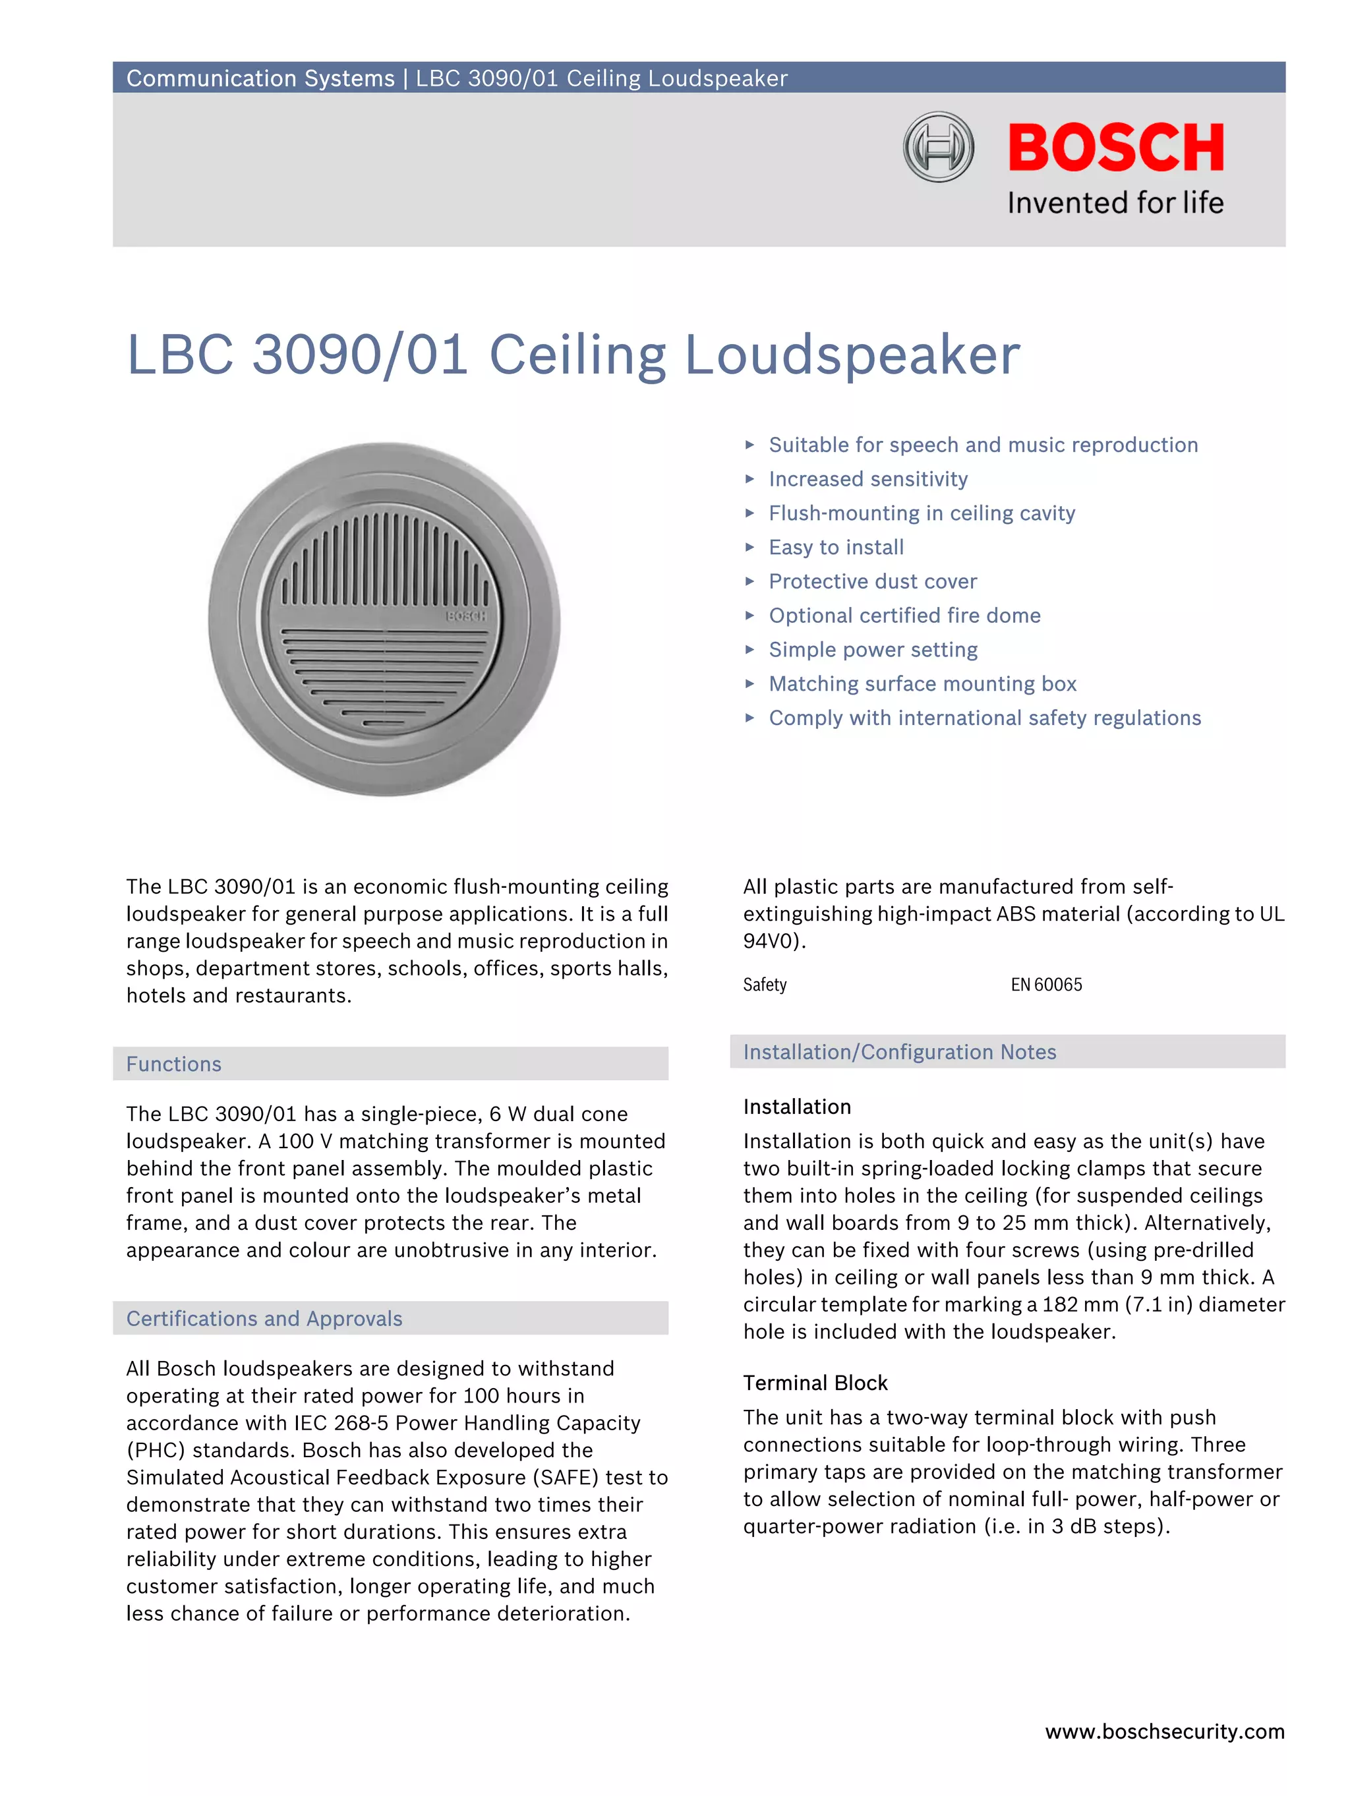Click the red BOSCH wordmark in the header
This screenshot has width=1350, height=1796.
coord(1115,148)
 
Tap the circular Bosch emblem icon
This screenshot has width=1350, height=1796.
coord(938,147)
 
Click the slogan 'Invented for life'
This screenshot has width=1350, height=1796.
coord(1115,202)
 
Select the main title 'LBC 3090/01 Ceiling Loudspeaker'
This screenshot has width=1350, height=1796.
coord(573,355)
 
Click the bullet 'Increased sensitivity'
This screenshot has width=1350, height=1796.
coord(867,479)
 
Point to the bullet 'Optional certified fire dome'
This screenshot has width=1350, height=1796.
coord(904,616)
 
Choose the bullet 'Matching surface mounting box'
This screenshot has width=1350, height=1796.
coord(922,683)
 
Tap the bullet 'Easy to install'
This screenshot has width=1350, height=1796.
coord(836,547)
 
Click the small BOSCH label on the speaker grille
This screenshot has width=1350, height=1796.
coord(466,617)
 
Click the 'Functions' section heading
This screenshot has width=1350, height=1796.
coord(174,1064)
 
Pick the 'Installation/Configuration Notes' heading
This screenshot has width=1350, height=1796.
coord(899,1051)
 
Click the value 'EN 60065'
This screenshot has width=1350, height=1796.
coord(1045,985)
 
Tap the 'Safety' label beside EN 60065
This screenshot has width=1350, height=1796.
coord(765,985)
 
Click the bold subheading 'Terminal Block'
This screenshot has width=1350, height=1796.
coord(815,1383)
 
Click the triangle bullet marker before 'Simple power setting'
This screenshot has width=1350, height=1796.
coord(749,650)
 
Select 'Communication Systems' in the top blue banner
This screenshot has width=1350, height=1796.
coord(260,78)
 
